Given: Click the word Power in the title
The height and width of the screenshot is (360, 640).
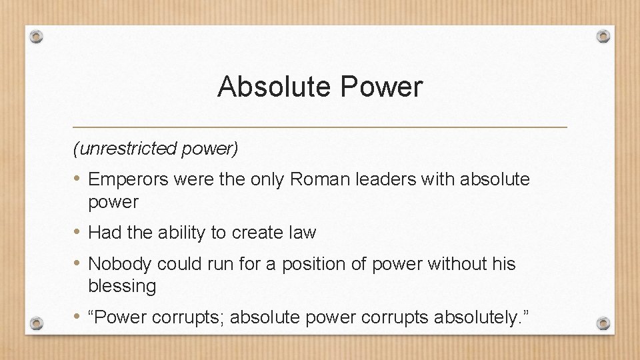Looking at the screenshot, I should pos(389,87).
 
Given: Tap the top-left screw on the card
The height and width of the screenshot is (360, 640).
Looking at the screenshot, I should pos(37,37).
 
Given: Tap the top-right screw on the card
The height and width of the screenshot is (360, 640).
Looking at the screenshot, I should pos(603,36).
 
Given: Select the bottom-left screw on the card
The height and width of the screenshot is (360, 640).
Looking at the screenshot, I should pos(37,323).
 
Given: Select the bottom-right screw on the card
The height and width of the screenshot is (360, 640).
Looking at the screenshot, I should pos(603,323).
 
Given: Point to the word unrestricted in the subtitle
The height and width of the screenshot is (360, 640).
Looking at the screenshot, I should pos(127,149).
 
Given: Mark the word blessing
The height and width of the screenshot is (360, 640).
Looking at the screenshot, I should pos(122,286).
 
